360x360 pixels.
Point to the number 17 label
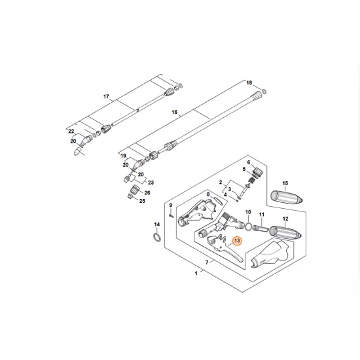(106, 97)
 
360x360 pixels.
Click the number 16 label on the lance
(174, 113)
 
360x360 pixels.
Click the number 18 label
(248, 83)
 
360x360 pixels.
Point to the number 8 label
(208, 195)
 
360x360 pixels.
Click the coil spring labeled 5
(248, 181)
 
